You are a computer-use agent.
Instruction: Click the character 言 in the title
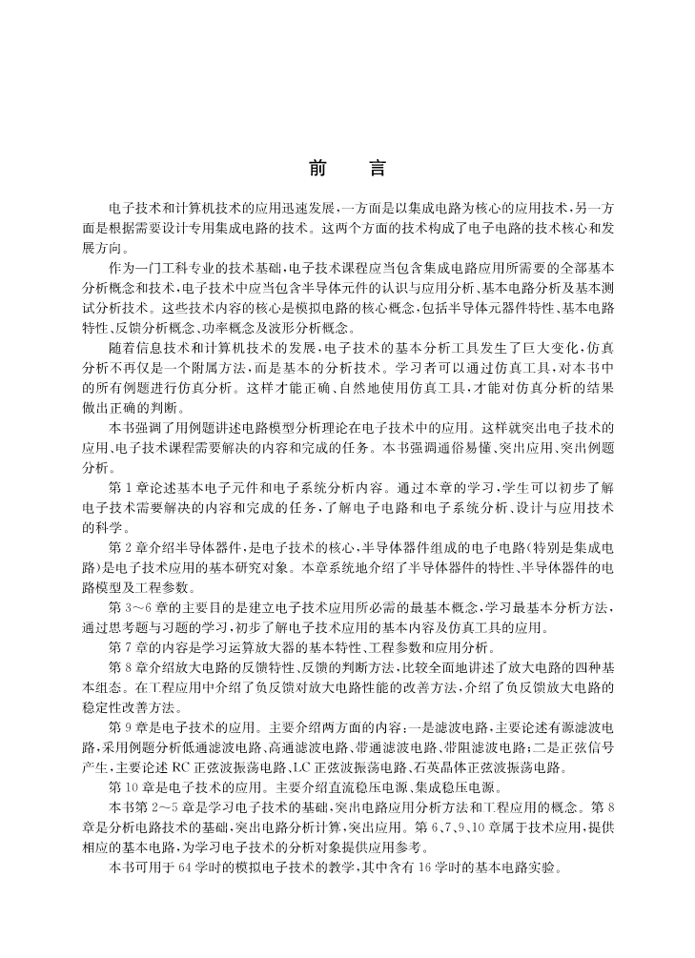378,170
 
